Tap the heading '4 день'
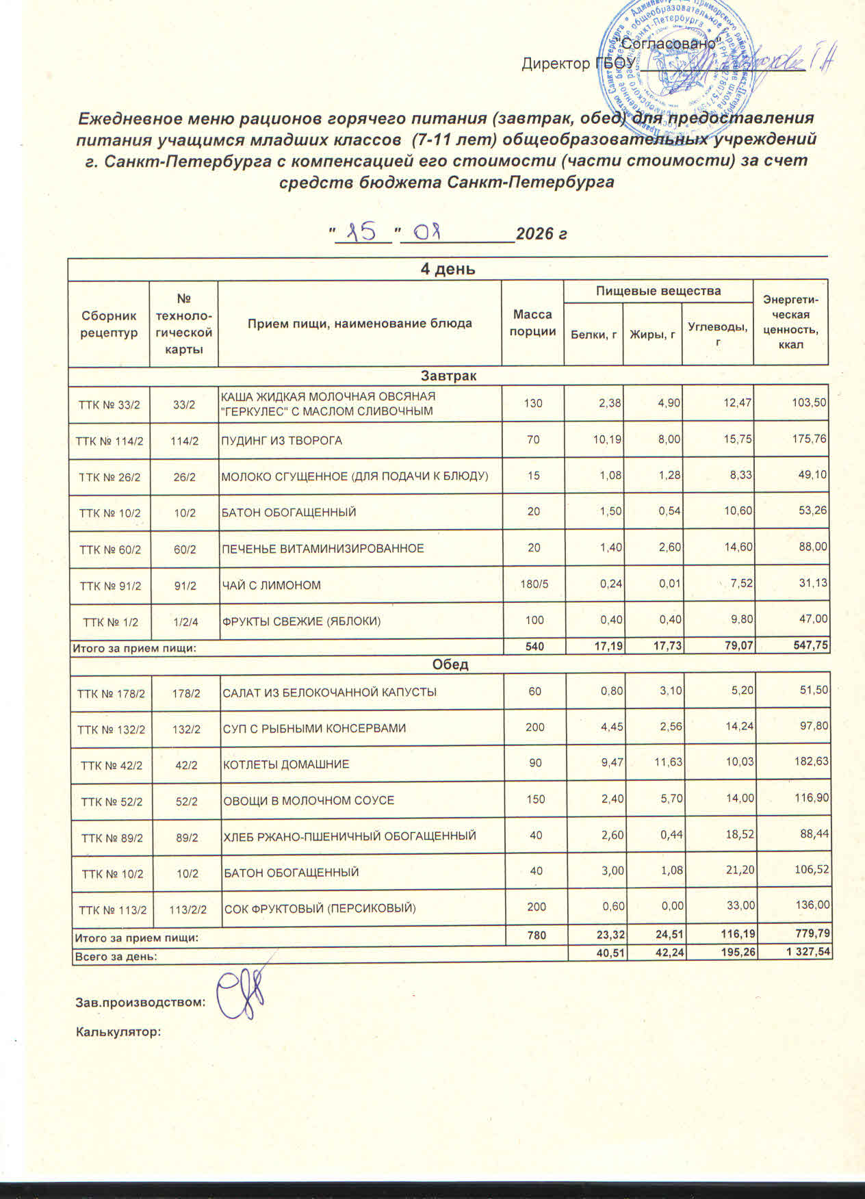[x=448, y=269]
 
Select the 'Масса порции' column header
[x=532, y=323]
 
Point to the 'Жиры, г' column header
[x=653, y=334]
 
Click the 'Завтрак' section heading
[x=449, y=376]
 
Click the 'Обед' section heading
[x=450, y=665]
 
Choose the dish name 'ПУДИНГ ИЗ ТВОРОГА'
[x=281, y=441]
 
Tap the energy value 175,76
[x=810, y=439]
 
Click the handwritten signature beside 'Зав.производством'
[x=240, y=999]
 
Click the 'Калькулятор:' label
[x=118, y=1031]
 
